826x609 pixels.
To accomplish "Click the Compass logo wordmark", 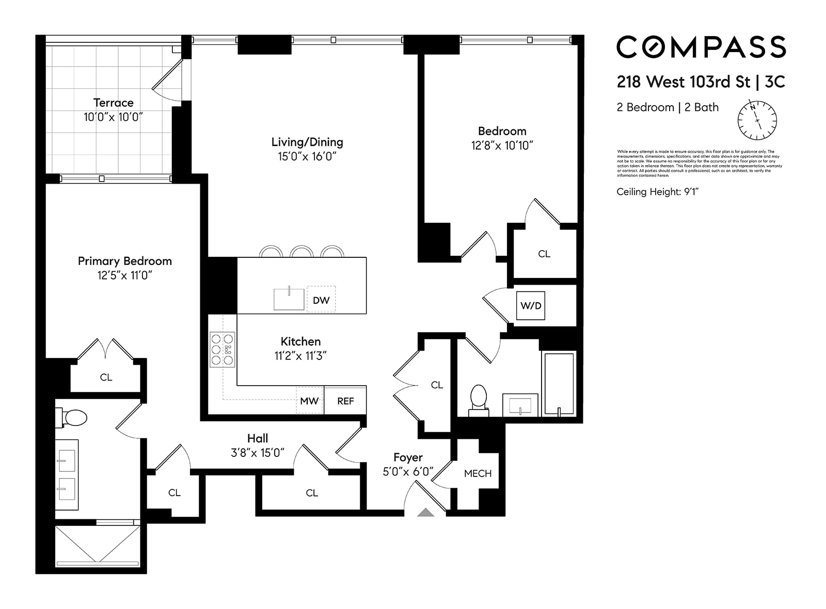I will tap(701, 47).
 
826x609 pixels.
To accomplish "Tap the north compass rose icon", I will tap(757, 121).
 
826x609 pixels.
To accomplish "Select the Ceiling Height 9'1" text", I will tap(657, 192).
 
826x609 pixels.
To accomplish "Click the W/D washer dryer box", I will tap(531, 305).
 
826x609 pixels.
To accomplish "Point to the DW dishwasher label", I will tap(321, 300).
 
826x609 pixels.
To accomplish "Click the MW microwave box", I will tap(310, 401).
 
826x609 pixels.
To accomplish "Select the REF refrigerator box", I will tap(345, 401).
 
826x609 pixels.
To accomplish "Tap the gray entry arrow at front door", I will tap(425, 512).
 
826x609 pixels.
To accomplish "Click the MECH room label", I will tap(478, 473).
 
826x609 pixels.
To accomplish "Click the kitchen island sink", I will tap(289, 299).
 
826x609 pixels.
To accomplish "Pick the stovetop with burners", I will tap(223, 350).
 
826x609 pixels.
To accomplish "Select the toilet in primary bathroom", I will tap(73, 418).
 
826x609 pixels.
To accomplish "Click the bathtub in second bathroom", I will tap(559, 384).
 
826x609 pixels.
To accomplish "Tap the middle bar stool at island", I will tap(302, 252).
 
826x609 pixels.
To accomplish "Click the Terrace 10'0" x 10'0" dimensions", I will tap(113, 117).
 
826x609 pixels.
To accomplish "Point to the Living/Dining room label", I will tap(307, 142).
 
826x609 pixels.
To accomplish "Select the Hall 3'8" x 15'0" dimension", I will tap(257, 453).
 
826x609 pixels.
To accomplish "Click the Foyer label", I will tap(408, 457).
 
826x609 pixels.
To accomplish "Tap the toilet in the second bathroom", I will tap(479, 400).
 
